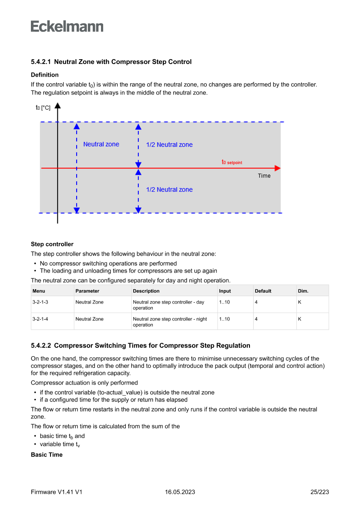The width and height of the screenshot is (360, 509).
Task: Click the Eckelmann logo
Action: [67, 27]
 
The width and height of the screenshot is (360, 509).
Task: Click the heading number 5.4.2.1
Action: [41, 62]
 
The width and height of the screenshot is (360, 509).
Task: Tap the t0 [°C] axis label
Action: [43, 107]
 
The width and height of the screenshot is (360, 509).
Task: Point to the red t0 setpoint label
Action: [232, 162]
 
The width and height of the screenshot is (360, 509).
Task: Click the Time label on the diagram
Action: [264, 176]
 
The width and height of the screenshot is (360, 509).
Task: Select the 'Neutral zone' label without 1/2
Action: [101, 144]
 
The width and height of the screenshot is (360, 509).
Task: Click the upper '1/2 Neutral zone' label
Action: [169, 145]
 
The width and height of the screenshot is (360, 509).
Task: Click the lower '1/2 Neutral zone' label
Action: [169, 189]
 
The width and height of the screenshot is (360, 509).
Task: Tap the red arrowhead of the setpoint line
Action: [278, 168]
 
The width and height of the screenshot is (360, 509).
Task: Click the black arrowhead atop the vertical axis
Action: [57, 106]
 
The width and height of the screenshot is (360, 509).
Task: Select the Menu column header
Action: [39, 291]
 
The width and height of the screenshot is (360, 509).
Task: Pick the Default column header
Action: [263, 291]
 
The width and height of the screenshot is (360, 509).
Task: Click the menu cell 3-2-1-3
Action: [40, 302]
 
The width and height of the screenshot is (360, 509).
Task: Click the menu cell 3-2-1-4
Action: [40, 319]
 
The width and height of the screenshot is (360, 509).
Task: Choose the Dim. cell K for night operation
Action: [299, 319]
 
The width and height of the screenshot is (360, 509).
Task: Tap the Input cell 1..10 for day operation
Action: [224, 302]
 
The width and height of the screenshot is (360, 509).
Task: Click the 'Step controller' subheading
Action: [52, 244]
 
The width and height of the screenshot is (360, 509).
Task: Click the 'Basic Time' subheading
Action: [47, 455]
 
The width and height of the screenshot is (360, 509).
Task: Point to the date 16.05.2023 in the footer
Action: [180, 492]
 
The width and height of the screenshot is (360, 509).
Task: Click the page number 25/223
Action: [320, 492]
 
